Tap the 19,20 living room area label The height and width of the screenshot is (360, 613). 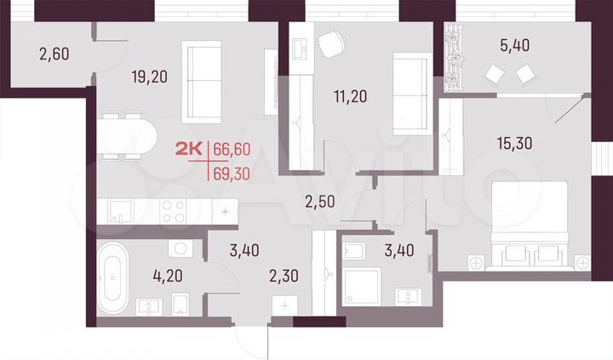(x=149, y=77)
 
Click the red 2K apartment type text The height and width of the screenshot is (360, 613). (x=187, y=150)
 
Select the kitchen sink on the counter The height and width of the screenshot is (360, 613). (x=117, y=210)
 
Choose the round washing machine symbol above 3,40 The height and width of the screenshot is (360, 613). (x=180, y=249)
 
